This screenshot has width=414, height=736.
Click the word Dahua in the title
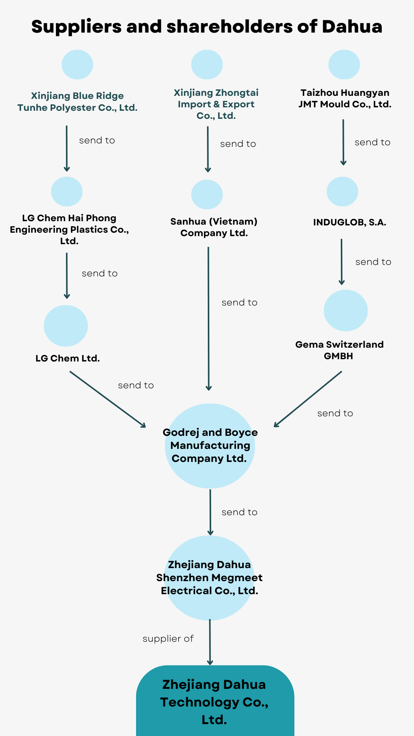tap(352, 27)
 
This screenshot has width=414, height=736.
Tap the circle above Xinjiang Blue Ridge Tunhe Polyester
tap(77, 64)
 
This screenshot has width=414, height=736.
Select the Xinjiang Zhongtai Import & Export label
tap(216, 104)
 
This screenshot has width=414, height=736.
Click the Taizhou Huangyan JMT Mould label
tap(345, 99)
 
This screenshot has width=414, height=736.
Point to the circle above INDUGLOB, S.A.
tap(342, 191)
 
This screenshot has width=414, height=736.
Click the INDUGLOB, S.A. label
tap(350, 222)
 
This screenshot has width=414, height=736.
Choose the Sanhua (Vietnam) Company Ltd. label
tap(214, 227)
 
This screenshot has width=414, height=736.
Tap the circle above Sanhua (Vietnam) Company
tap(207, 194)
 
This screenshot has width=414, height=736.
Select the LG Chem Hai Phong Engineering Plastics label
tap(69, 229)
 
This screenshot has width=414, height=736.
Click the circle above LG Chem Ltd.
tap(66, 325)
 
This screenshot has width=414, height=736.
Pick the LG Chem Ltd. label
tap(68, 358)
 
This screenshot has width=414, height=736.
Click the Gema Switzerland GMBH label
tap(339, 350)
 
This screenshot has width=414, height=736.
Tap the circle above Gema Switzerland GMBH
tap(346, 310)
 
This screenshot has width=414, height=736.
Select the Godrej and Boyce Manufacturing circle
tap(210, 446)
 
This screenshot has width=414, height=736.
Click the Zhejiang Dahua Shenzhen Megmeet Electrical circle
tap(210, 578)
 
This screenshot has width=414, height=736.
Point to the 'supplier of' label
tap(168, 639)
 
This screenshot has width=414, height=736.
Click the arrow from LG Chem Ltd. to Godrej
tap(108, 399)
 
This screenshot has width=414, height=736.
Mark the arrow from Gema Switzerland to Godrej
tap(308, 399)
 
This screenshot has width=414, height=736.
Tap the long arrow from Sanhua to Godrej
tap(209, 318)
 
